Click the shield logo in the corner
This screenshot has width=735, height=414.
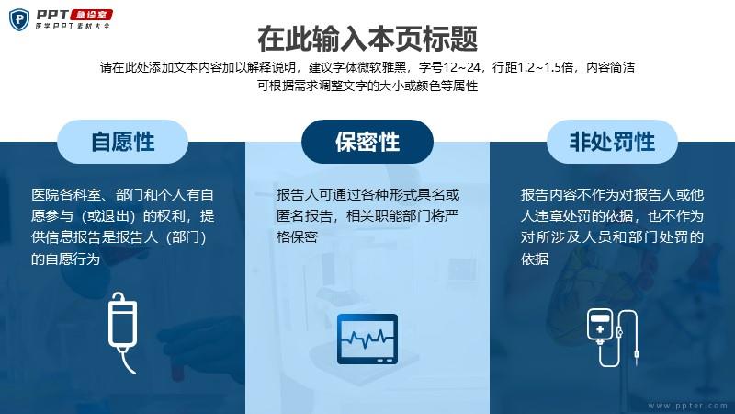tap(19, 19)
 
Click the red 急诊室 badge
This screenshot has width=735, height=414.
tap(91, 15)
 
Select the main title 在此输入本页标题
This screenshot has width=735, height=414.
tap(367, 39)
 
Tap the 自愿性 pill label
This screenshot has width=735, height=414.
tap(123, 142)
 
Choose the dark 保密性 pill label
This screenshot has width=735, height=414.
tap(367, 142)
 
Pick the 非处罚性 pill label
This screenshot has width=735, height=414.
tap(612, 142)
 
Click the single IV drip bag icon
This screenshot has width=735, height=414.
tap(123, 332)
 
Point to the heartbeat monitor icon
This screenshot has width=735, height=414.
tap(367, 339)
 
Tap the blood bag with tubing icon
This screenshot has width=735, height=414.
tap(612, 338)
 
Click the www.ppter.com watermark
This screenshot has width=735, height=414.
tap(687, 405)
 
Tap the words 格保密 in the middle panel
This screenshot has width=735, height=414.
tap(297, 237)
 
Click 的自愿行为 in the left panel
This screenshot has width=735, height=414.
tap(65, 259)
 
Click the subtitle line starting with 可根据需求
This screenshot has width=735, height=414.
tap(367, 86)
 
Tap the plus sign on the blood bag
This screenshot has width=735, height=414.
tap(600, 329)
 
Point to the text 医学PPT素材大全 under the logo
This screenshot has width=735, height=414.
tap(73, 27)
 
